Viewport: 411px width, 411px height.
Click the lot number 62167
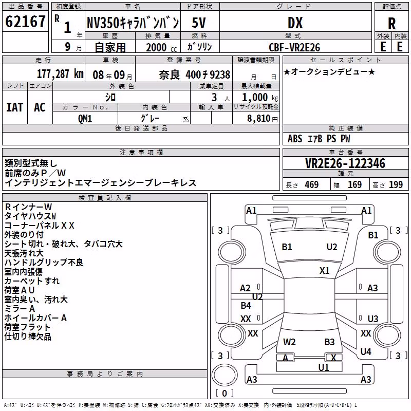25,21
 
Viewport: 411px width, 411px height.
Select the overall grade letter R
391,23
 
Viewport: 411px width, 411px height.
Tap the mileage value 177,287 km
60,74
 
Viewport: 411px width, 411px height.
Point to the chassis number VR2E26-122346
345,163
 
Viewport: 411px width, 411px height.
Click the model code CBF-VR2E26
294,47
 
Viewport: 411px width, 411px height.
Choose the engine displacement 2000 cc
161,47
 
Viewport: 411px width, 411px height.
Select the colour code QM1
85,119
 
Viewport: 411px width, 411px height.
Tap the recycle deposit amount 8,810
259,119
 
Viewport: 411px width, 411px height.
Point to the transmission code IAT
14,107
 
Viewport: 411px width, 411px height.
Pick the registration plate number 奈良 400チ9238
195,75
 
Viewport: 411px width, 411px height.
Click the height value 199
396,185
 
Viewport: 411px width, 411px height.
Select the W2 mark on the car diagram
289,342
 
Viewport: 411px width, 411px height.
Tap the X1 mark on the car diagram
324,271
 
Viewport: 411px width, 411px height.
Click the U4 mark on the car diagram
366,352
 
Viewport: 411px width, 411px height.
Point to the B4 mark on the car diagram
246,306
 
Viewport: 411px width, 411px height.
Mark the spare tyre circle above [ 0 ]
225,375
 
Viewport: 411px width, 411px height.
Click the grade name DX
295,23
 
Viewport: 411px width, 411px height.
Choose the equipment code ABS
295,139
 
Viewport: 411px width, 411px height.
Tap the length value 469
312,185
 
